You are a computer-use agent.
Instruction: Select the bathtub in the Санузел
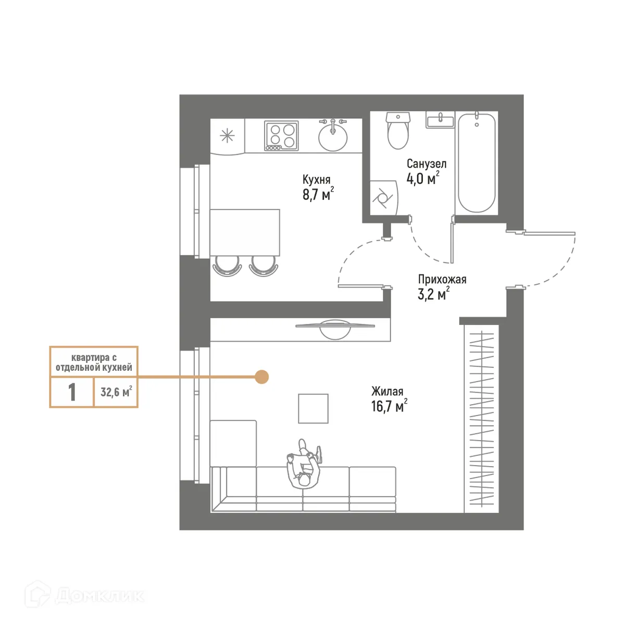click(476, 162)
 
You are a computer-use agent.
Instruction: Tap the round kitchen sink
click(333, 136)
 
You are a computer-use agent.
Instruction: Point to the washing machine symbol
click(383, 198)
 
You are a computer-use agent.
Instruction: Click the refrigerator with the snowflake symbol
click(227, 136)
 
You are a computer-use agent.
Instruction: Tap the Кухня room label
click(317, 180)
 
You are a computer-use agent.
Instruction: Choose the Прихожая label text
click(442, 279)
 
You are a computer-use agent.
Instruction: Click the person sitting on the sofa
click(304, 465)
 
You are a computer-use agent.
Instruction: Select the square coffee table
click(313, 408)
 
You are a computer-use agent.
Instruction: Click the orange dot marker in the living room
click(261, 377)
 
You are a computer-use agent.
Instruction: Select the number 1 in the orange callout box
click(72, 392)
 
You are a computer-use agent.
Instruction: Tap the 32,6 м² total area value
click(116, 392)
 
